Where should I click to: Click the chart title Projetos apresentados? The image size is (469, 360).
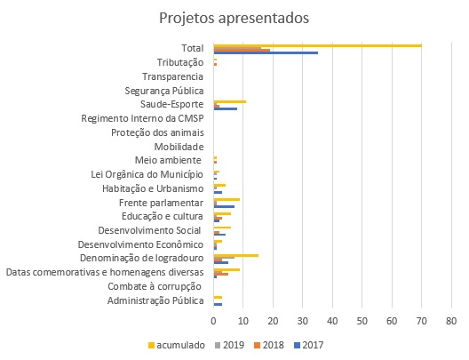[234, 18]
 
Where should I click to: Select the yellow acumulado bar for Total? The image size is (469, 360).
[318, 45]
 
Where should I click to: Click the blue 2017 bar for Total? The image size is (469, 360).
[266, 53]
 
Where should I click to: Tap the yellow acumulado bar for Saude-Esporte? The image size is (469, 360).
[230, 101]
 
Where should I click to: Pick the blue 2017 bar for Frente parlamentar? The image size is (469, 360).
[224, 207]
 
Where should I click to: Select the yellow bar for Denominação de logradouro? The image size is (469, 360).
[236, 256]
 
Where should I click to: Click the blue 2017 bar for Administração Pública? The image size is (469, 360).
[218, 304]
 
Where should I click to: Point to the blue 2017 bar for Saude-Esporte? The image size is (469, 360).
[226, 108]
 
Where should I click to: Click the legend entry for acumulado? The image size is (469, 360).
[177, 345]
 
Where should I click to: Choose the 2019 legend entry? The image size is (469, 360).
[230, 345]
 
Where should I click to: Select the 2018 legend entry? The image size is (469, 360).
[269, 345]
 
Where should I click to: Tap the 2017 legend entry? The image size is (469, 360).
[309, 345]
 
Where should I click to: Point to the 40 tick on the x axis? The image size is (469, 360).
[332, 321]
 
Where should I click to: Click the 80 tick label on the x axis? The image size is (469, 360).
[451, 321]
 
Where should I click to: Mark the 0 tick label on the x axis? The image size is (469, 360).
[213, 321]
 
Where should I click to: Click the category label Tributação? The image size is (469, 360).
[180, 62]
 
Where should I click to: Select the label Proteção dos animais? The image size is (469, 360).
[157, 132]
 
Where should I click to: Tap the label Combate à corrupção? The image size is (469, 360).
[155, 287]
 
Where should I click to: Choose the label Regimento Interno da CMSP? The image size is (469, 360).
[142, 118]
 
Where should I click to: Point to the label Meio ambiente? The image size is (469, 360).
[168, 160]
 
